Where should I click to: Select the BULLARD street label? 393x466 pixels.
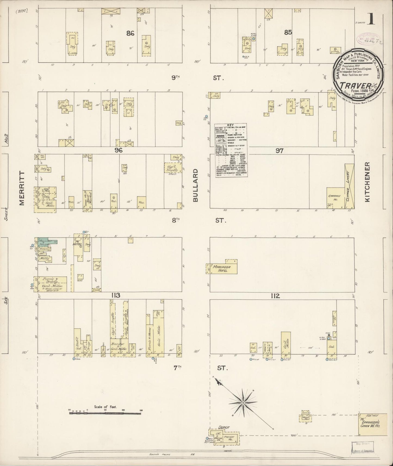(x=196, y=185)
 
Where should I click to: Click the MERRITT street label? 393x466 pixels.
(x=21, y=188)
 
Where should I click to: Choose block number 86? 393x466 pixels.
(x=130, y=33)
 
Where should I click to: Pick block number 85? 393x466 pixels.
(x=288, y=32)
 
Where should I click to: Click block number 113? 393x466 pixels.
(x=115, y=296)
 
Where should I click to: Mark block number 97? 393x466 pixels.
(x=279, y=151)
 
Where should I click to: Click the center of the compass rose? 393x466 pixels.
(x=243, y=403)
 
